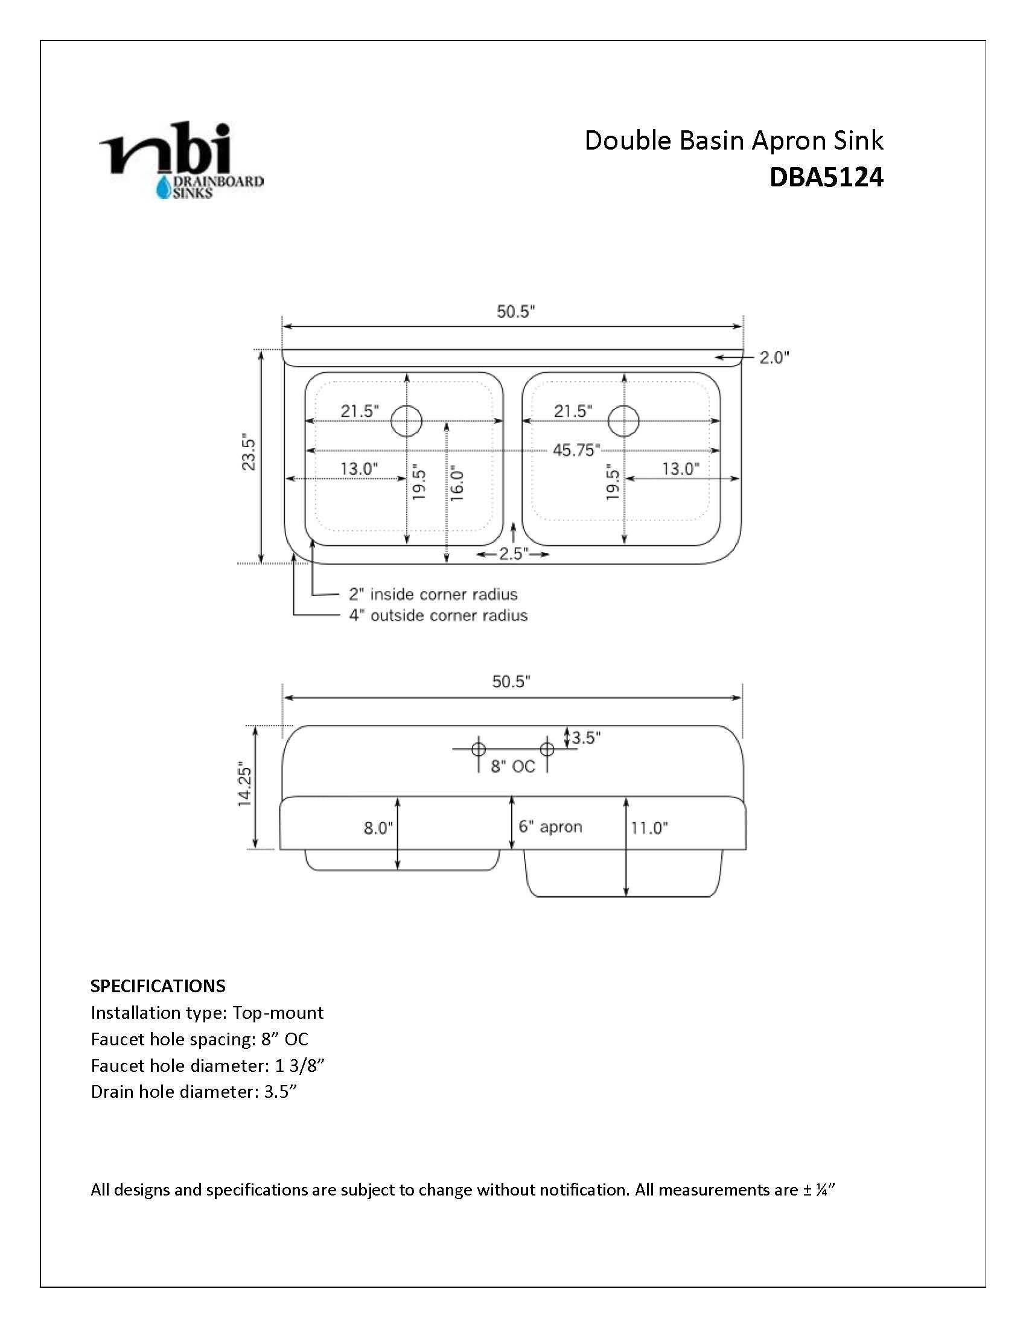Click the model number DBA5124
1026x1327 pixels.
pyautogui.click(x=826, y=177)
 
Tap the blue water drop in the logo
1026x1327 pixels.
pyautogui.click(x=164, y=189)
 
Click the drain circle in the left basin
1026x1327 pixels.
pyautogui.click(x=407, y=420)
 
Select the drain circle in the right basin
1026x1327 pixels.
pyautogui.click(x=623, y=420)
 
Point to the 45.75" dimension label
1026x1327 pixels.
pyautogui.click(x=576, y=450)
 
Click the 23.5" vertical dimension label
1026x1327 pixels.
pyautogui.click(x=249, y=451)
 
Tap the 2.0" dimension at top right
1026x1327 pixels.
pyautogui.click(x=774, y=358)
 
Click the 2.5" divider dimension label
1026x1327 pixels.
pyautogui.click(x=514, y=554)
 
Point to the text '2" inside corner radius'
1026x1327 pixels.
pyautogui.click(x=433, y=594)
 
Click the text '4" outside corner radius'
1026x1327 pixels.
pyautogui.click(x=438, y=615)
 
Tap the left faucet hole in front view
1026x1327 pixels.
pyautogui.click(x=479, y=749)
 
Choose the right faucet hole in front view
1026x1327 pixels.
pyautogui.click(x=547, y=749)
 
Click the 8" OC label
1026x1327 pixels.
pyautogui.click(x=513, y=767)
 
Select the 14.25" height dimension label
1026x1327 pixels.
pyautogui.click(x=244, y=784)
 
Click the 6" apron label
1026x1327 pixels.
pyautogui.click(x=550, y=827)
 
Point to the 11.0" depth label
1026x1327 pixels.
pyautogui.click(x=649, y=828)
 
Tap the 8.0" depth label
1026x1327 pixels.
pyautogui.click(x=378, y=828)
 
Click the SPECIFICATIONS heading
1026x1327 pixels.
pyautogui.click(x=158, y=986)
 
